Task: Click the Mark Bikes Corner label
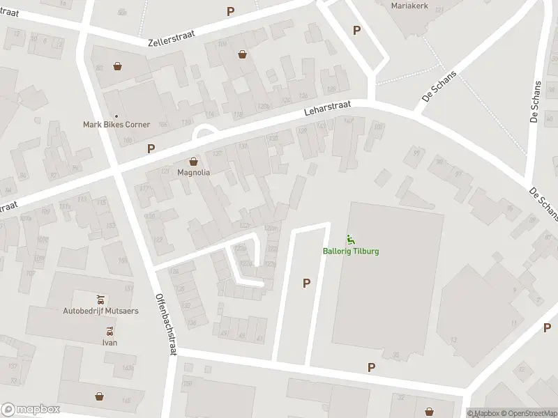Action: [116, 125]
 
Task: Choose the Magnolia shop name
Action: [194, 172]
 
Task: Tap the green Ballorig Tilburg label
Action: [351, 251]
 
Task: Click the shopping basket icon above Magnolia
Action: [194, 160]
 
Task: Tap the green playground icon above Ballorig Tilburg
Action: [351, 240]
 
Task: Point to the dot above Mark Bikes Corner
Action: [116, 116]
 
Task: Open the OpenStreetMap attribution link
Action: [528, 413]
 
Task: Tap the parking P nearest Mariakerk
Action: [357, 30]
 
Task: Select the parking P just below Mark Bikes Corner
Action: [151, 148]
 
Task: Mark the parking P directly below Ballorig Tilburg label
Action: [306, 283]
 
